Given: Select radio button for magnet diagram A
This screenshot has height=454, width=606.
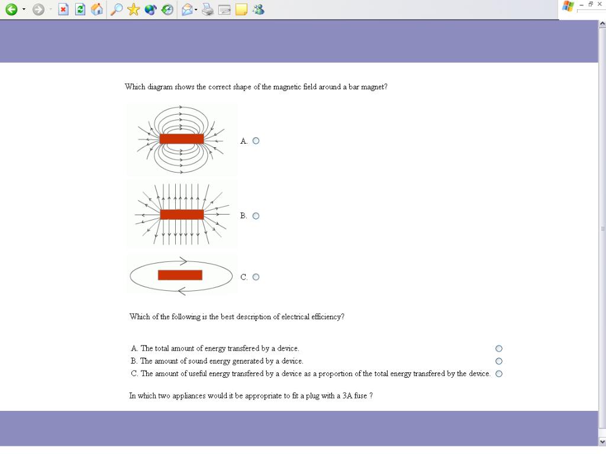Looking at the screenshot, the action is tap(256, 141).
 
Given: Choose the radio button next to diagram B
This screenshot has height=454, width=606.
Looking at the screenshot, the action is tap(256, 216).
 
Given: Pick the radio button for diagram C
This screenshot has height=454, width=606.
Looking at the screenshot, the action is tap(256, 277).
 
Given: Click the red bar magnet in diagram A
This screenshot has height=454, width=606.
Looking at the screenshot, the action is tap(182, 139).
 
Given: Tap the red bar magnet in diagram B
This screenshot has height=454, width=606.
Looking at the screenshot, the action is tap(182, 215).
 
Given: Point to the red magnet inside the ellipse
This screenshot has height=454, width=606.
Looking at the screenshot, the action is tap(180, 275).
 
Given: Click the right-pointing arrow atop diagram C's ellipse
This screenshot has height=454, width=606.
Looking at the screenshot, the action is tap(183, 261).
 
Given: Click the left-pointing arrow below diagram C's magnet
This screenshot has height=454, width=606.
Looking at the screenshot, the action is tap(182, 291).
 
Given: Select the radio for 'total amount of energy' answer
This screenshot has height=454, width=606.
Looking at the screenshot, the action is tap(499, 349).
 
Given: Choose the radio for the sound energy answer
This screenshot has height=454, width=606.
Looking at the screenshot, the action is tap(499, 361).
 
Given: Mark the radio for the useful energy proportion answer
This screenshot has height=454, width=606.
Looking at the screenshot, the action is tap(499, 374).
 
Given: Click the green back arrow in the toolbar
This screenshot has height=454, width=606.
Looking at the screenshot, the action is tap(11, 9).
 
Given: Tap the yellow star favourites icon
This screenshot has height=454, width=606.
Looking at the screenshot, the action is tap(133, 9).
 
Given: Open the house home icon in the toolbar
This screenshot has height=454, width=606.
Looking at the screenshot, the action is tap(96, 9).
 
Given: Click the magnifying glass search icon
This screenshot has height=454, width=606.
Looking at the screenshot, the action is tap(117, 9).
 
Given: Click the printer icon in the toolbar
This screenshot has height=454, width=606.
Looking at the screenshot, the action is tap(208, 9).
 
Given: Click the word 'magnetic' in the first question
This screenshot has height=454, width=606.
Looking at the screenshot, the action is tap(287, 87).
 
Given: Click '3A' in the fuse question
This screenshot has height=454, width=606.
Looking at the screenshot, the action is tap(347, 395).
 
